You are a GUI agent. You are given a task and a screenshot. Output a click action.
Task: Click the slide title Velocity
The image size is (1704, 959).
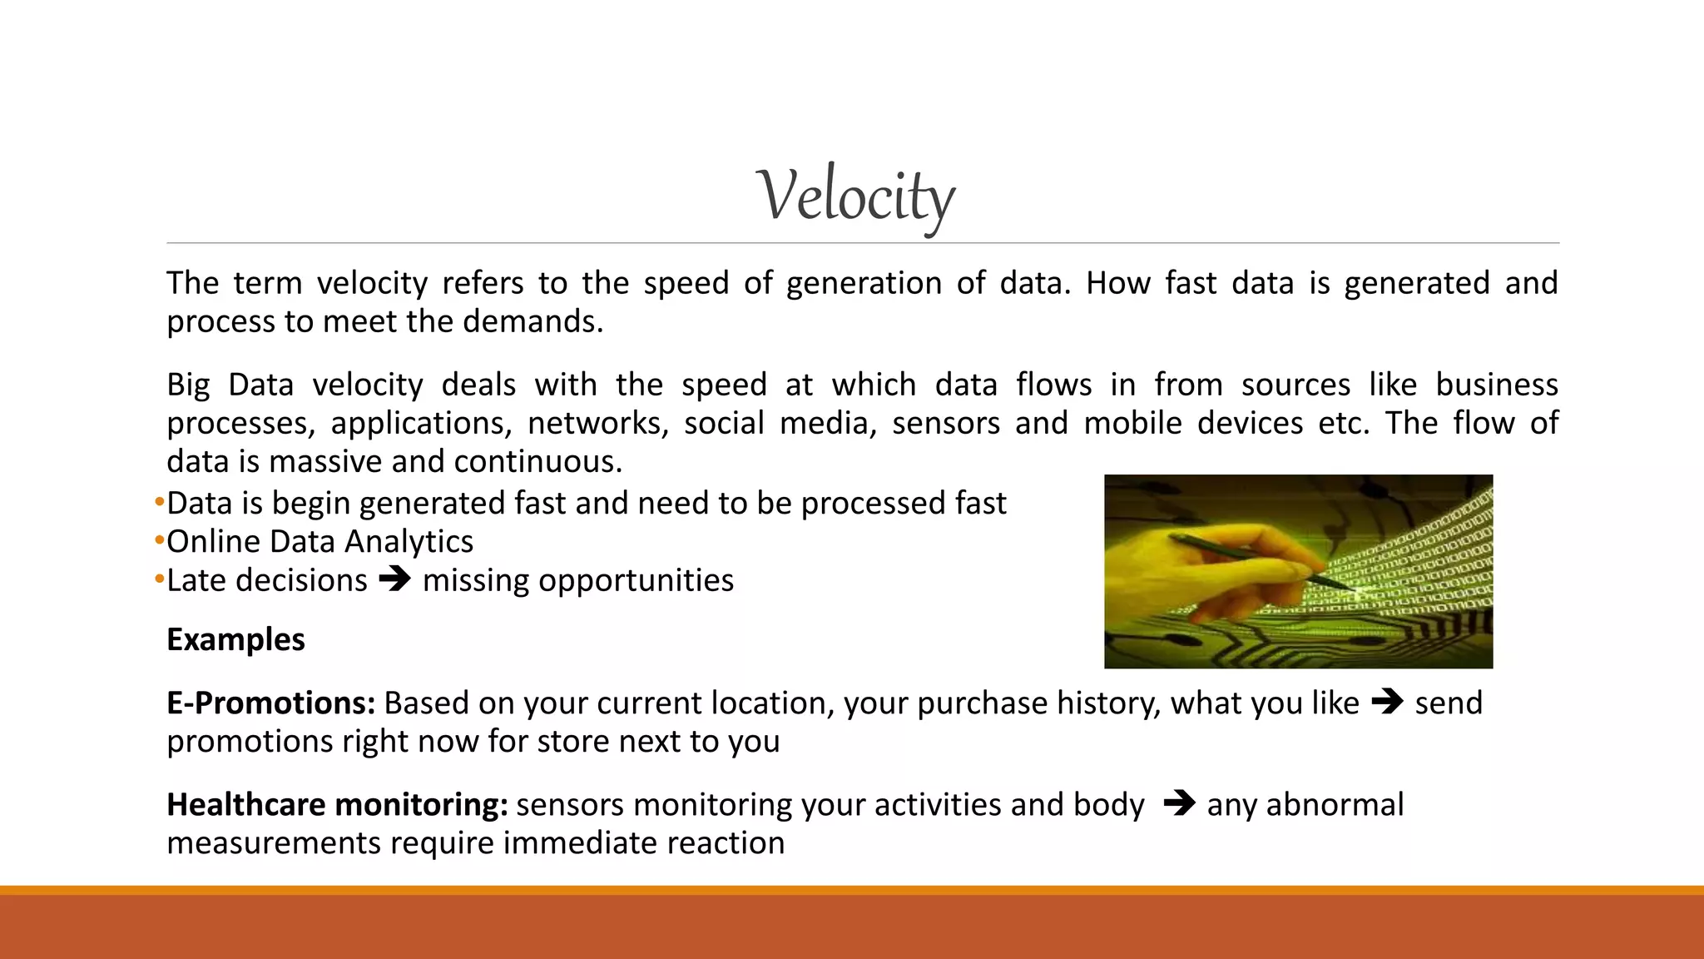[x=855, y=196]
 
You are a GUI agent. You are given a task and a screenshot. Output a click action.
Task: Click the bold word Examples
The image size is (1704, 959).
[x=235, y=639]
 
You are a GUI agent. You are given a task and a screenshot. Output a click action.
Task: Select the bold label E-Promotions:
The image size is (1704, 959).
[x=271, y=703]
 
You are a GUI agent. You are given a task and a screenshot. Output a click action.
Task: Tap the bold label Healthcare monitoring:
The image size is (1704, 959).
[x=337, y=805]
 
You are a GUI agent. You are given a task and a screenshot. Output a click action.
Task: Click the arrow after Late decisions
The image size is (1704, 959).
[x=395, y=579]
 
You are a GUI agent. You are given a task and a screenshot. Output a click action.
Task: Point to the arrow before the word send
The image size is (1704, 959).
[x=1387, y=702]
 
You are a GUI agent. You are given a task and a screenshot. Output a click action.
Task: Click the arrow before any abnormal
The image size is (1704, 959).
[x=1179, y=803]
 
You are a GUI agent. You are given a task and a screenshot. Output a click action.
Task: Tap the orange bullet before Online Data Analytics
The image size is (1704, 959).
[x=159, y=541]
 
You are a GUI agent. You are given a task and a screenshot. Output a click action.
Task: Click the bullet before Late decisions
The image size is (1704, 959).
[x=159, y=579]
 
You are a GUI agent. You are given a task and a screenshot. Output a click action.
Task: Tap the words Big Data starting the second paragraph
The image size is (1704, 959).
[x=230, y=385]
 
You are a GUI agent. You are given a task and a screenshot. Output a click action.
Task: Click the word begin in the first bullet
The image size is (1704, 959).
[x=311, y=504]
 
